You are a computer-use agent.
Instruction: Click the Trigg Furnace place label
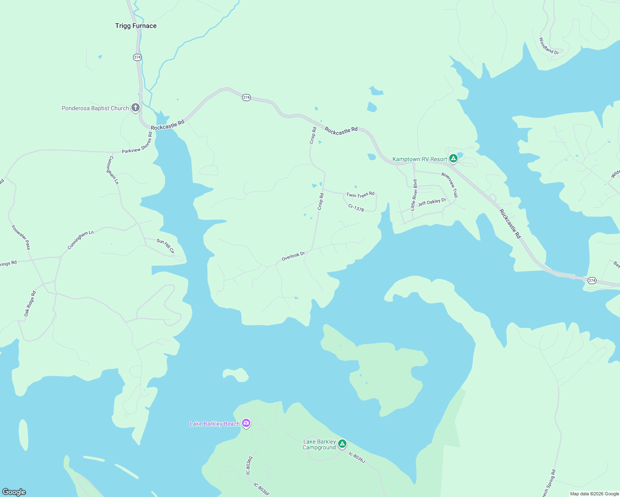[136, 26]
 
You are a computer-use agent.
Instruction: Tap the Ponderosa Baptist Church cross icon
[136, 108]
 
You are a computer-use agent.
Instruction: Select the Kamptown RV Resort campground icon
[453, 158]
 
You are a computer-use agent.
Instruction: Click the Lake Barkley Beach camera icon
[246, 423]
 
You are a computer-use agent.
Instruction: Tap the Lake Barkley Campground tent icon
[342, 444]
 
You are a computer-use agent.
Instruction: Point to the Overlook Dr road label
[293, 256]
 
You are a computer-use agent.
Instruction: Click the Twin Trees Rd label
[360, 194]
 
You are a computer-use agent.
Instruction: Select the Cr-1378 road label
[356, 208]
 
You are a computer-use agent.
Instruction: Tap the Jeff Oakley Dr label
[432, 202]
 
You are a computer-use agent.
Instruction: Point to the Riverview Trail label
[450, 185]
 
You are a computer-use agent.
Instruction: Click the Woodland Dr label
[549, 46]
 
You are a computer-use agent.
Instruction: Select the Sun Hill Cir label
[165, 246]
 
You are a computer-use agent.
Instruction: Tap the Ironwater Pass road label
[21, 237]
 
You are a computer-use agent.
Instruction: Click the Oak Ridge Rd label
[30, 304]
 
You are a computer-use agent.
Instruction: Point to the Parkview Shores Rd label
[137, 143]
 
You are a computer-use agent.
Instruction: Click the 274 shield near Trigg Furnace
[138, 57]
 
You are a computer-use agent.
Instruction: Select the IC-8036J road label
[357, 457]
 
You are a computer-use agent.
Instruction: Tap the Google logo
[14, 492]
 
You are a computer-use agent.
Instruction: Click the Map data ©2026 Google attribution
[594, 494]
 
